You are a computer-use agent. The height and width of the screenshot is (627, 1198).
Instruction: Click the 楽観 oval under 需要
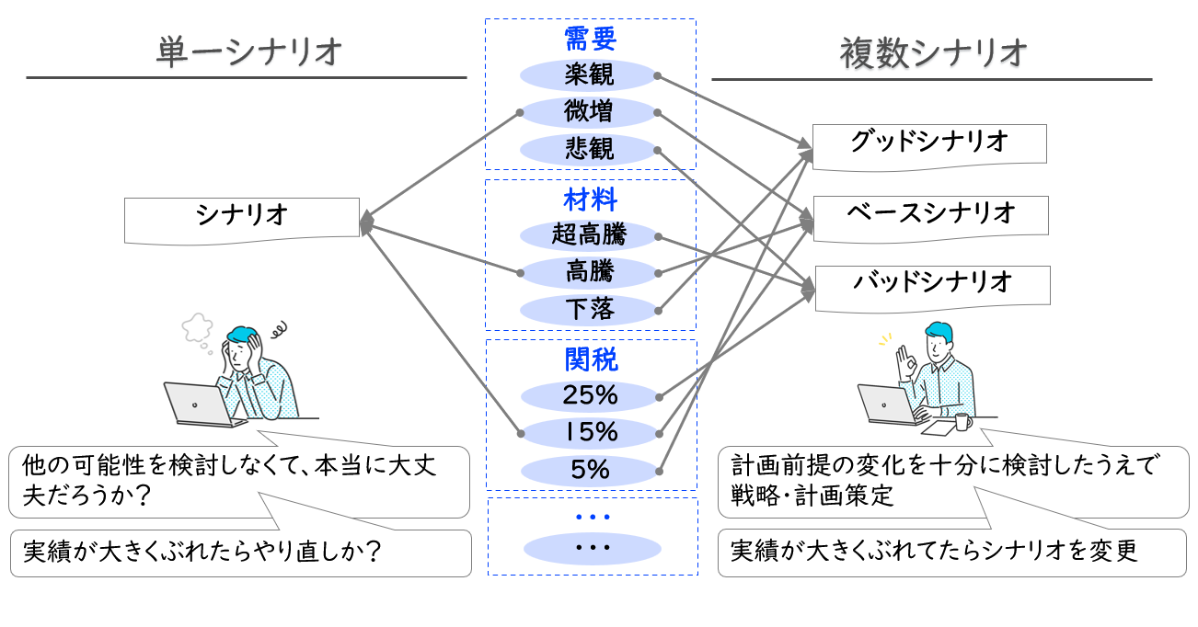(x=590, y=74)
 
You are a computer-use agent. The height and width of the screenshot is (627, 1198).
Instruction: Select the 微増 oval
(x=590, y=112)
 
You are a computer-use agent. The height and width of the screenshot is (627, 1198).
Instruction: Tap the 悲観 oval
(x=590, y=149)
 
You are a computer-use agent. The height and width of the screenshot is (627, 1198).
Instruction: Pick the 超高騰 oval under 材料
(x=590, y=235)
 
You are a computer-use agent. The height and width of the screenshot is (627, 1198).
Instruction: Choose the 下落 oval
(x=590, y=309)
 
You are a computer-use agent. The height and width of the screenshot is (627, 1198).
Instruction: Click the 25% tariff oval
(x=590, y=396)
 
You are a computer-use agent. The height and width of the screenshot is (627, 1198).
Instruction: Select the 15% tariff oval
(x=590, y=432)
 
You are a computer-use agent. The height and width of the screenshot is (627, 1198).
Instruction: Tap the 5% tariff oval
(x=590, y=470)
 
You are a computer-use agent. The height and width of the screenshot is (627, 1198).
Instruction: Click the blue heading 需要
(x=590, y=39)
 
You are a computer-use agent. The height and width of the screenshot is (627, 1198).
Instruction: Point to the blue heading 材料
(x=590, y=199)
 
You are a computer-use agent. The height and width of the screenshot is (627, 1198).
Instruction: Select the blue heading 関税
(x=590, y=359)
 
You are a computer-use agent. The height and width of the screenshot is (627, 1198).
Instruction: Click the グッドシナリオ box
(x=929, y=144)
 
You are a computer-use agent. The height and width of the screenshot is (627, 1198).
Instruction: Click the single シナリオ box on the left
(x=242, y=218)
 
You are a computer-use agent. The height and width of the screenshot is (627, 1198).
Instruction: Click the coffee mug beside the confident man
(x=962, y=422)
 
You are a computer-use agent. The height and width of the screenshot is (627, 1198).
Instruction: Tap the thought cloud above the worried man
(x=198, y=325)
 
